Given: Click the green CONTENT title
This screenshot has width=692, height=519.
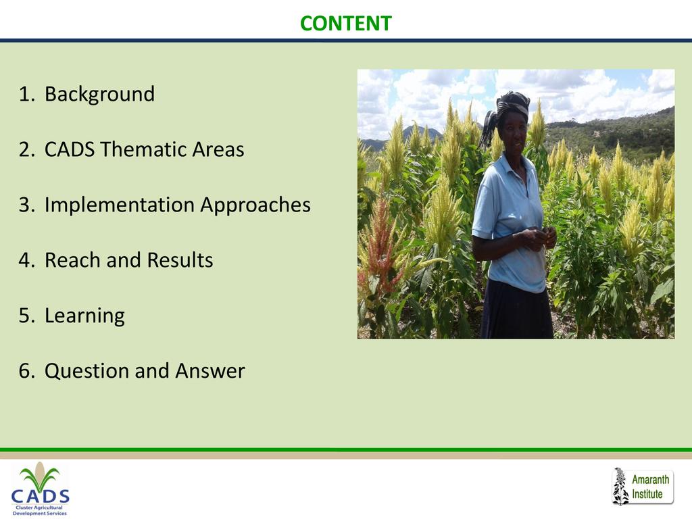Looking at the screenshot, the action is (x=345, y=24).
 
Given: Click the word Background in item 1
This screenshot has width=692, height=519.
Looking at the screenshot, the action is (x=100, y=95).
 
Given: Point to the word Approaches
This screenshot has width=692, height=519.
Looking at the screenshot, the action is (x=255, y=205).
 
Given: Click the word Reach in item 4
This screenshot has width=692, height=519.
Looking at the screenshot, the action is (x=72, y=260).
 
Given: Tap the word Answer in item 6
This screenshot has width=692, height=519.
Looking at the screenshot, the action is (x=210, y=371).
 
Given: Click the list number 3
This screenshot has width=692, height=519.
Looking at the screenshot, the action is (x=26, y=205).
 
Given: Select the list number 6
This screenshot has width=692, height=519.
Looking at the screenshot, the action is (x=26, y=371).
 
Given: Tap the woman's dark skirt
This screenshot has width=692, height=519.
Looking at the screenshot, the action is (x=516, y=311).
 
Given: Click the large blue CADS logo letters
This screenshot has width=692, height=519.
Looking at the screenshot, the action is (x=40, y=496).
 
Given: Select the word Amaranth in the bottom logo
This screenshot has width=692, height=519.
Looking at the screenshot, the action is (x=651, y=480).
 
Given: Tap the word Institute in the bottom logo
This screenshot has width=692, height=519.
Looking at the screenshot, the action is (x=647, y=494).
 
